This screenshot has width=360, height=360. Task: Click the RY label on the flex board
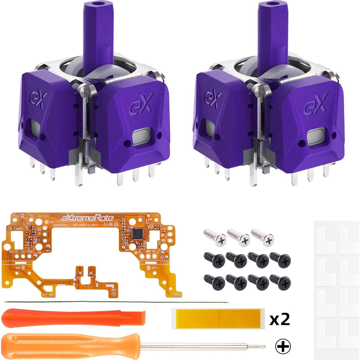[x=45, y=294]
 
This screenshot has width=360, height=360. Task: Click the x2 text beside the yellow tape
[x=280, y=319]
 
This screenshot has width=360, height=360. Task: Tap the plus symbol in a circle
[x=283, y=346]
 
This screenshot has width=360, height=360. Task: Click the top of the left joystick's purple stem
[x=94, y=5]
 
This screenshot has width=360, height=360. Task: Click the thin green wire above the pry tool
[x=116, y=302]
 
